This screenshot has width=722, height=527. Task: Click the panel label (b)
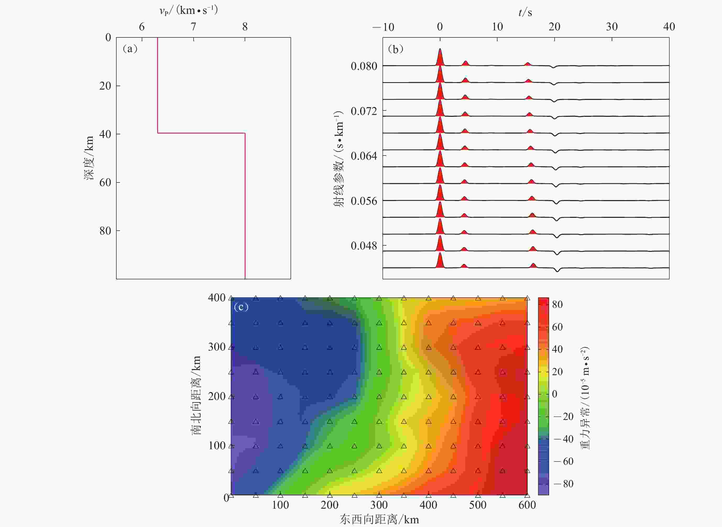[396, 49]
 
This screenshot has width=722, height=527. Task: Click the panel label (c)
[241, 307]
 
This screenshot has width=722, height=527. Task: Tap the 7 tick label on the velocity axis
[193, 27]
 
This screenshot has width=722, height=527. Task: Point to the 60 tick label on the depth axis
[105, 182]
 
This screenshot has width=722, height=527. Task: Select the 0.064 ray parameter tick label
[364, 156]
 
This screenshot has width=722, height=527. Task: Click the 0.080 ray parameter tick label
[364, 66]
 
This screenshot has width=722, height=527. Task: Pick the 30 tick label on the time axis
[611, 27]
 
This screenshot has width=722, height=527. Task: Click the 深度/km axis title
[89, 158]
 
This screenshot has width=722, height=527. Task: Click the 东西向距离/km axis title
[379, 519]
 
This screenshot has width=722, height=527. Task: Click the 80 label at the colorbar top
[557, 304]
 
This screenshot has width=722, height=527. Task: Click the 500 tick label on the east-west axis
[478, 505]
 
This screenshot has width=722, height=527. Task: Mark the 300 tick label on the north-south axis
[217, 347]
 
